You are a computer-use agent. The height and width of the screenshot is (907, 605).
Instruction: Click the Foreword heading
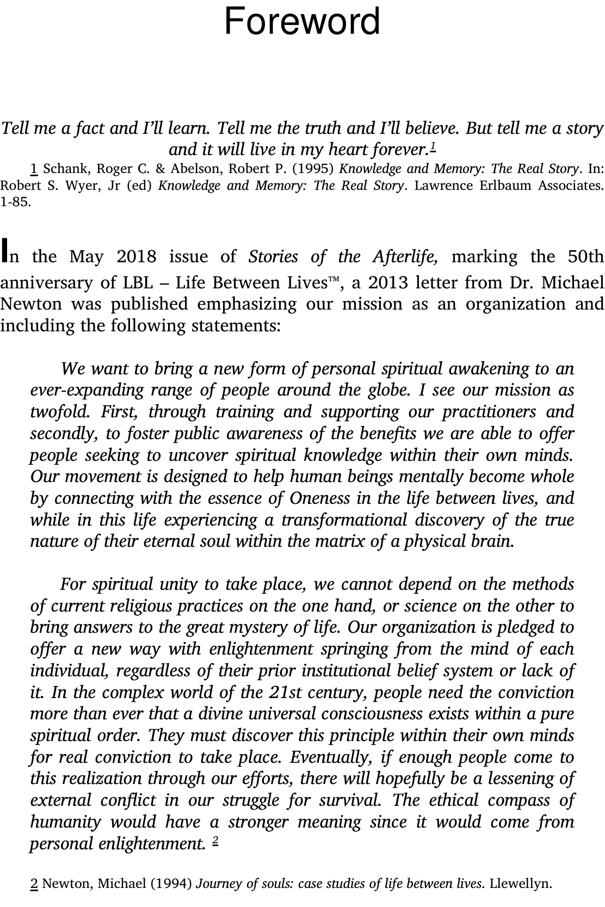coord(302,22)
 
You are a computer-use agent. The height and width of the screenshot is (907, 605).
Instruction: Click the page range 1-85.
coord(16,202)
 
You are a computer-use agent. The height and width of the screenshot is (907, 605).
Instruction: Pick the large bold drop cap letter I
coord(5,251)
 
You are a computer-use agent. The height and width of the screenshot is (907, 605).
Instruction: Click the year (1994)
coord(171,884)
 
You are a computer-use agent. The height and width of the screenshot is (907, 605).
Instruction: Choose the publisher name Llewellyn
coord(520,884)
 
